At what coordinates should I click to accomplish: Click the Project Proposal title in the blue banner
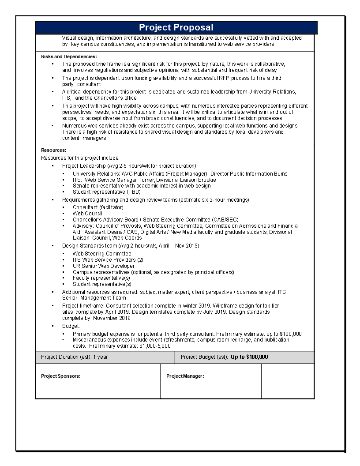[x=176, y=27]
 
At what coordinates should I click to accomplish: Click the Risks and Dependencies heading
[x=69, y=56]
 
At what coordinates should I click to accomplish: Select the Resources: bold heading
[x=54, y=150]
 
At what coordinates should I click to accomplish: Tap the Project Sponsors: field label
[x=60, y=376]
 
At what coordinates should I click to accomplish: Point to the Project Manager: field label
[x=185, y=376]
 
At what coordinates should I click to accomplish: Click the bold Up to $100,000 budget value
[x=249, y=357]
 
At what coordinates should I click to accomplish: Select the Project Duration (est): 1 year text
[x=74, y=357]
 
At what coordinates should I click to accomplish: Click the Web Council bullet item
[x=87, y=213]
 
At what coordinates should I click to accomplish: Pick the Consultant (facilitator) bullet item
[x=98, y=207]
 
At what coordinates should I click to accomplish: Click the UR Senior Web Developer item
[x=104, y=266]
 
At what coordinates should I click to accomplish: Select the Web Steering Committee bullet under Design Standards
[x=102, y=254]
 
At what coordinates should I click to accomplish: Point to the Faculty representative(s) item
[x=101, y=278]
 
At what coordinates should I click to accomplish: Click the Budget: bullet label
[x=71, y=326]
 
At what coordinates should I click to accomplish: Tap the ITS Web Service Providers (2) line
[x=108, y=260]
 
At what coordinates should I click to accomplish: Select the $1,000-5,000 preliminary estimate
[x=155, y=346]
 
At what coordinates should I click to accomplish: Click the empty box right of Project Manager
[x=287, y=381]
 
